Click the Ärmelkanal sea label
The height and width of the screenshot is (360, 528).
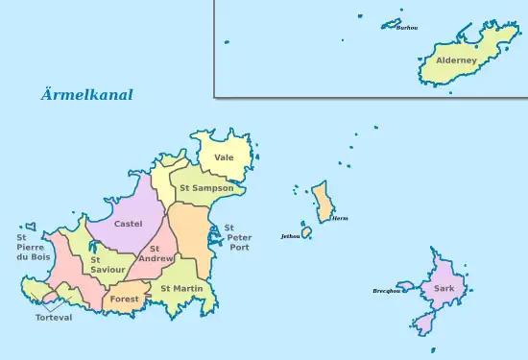point(86,95)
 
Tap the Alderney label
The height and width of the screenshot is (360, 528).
point(450,60)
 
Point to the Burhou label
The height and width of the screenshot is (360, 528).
point(406,28)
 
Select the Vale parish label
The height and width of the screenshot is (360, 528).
point(224,156)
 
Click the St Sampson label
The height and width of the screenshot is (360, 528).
point(206,188)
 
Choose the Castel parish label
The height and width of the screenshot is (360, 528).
point(128,224)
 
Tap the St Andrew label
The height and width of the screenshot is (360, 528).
point(156,253)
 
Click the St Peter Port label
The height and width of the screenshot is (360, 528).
point(238,237)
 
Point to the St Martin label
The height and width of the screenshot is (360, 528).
point(180,288)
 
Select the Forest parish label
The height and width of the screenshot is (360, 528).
point(124,300)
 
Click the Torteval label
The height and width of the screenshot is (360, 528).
point(54,318)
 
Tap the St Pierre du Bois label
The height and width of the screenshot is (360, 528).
point(33,247)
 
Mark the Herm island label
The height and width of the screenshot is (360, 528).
point(340,219)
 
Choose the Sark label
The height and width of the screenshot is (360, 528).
point(444,288)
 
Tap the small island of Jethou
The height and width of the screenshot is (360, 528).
point(307,232)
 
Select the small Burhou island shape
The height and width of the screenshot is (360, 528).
point(391,23)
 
